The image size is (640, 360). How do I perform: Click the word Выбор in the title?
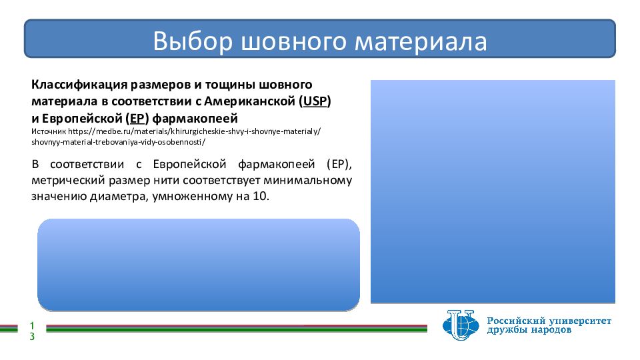coord(193,41)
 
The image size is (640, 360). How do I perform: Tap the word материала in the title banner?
coord(421,42)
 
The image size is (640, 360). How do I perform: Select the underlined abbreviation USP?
coord(315,101)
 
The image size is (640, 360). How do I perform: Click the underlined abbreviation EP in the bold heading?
coord(137,119)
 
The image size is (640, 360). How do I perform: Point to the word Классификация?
coord(79,85)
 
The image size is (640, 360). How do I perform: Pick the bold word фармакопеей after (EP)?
coord(195,119)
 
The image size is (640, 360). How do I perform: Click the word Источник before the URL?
coord(49,131)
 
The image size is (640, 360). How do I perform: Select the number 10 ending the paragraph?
coord(260,196)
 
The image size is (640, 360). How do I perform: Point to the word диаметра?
coord(119,197)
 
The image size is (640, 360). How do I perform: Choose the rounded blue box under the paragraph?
coord(199,265)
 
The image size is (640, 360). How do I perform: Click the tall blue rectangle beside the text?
coord(493,191)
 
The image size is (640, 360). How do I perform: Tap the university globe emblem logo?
coord(461,325)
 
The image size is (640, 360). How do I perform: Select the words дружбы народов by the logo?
coord(529,330)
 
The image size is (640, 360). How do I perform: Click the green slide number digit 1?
coord(32,326)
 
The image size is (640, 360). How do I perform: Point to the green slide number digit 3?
coord(32,337)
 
